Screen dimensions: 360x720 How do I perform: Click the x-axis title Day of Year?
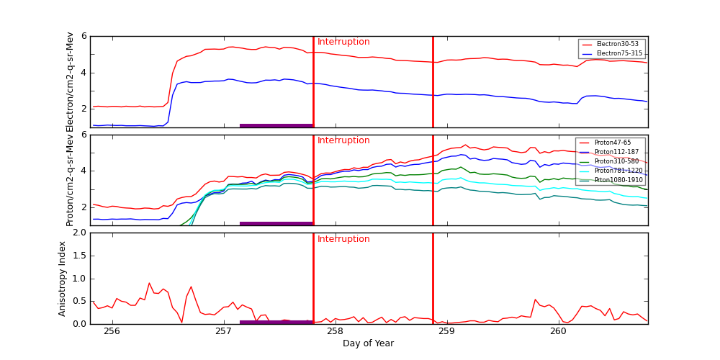click(x=368, y=343)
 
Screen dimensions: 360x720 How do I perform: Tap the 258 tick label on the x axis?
click(x=335, y=331)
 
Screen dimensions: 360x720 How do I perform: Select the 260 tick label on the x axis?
click(x=558, y=331)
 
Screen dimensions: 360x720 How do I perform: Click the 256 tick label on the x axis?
click(x=112, y=331)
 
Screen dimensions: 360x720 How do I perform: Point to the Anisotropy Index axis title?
click(x=63, y=279)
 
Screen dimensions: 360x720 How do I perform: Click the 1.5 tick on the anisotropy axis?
click(x=78, y=256)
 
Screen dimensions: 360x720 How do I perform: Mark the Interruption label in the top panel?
click(x=343, y=42)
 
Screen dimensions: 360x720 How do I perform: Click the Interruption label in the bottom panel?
click(x=343, y=239)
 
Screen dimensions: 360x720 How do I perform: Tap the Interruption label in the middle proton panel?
click(x=343, y=140)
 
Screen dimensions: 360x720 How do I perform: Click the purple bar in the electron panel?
click(x=276, y=125)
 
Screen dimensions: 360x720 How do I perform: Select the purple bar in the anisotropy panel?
click(x=276, y=322)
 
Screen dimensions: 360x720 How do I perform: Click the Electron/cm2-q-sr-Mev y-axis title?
click(x=70, y=81)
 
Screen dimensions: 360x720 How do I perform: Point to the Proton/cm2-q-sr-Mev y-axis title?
click(x=70, y=180)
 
